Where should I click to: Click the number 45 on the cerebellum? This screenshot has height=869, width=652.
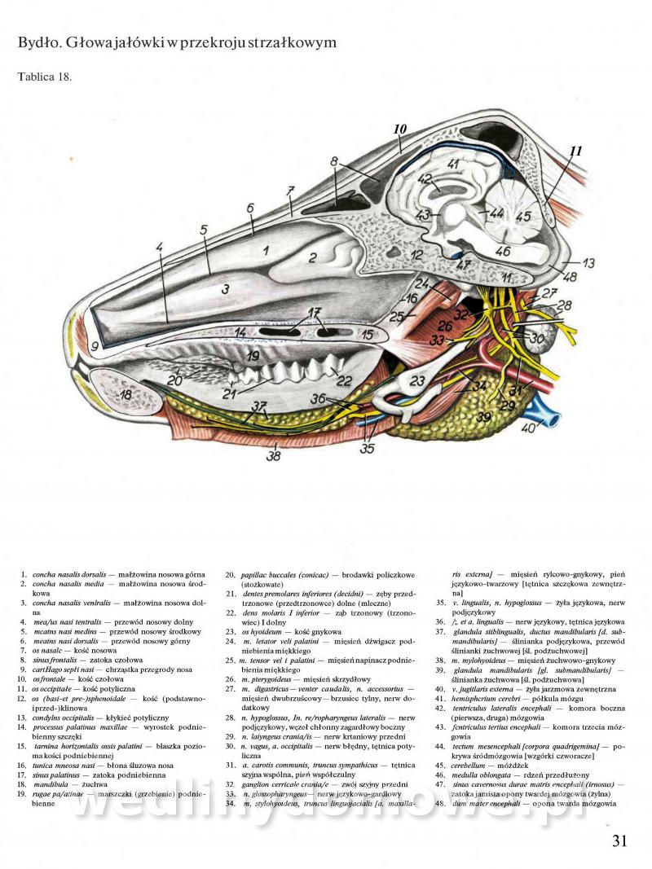click(x=522, y=217)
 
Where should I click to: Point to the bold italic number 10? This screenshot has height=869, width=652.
click(x=399, y=129)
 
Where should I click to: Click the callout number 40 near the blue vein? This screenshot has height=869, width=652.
click(x=529, y=428)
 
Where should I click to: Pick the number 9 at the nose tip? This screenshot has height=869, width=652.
click(x=95, y=346)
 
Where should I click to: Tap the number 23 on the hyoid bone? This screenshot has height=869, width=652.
click(x=418, y=380)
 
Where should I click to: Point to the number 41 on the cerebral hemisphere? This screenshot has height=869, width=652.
click(x=454, y=164)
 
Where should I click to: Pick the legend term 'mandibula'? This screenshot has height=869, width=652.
click(x=51, y=783)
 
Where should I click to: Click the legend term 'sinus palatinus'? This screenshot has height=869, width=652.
click(x=57, y=774)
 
